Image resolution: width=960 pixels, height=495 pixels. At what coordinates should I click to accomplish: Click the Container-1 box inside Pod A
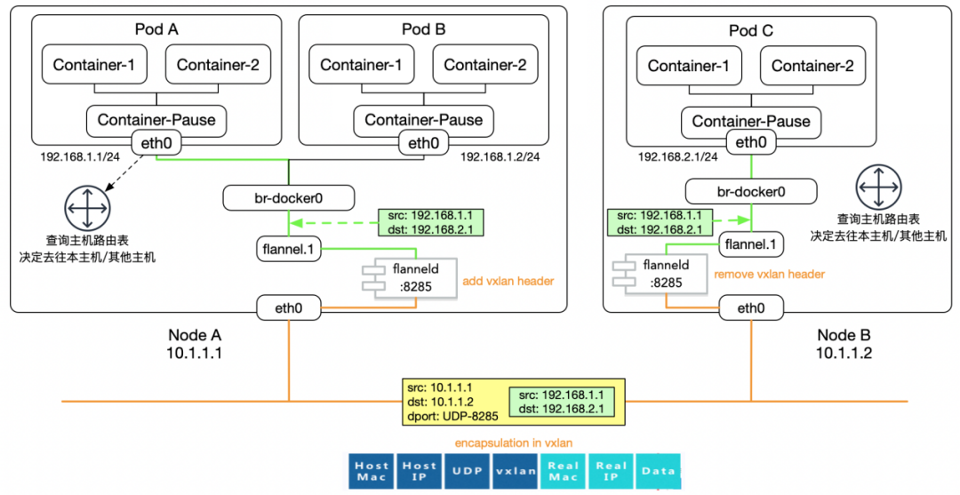[94, 65]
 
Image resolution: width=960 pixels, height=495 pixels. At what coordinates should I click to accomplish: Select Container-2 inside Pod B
[484, 65]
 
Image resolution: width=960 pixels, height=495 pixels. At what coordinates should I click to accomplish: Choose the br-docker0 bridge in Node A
[289, 196]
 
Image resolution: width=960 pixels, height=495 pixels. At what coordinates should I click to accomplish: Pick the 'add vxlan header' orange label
[508, 281]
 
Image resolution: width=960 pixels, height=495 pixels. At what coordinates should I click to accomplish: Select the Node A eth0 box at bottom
[289, 308]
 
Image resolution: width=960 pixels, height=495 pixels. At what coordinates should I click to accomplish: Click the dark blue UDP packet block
[467, 470]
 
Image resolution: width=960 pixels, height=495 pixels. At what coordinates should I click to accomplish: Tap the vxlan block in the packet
[515, 470]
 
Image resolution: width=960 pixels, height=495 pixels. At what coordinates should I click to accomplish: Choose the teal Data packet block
[658, 470]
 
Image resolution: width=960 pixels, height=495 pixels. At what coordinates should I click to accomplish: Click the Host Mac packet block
[372, 470]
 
